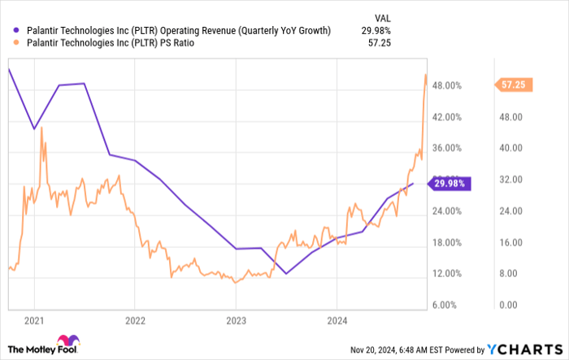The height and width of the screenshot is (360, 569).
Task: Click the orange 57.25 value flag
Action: click(x=515, y=84)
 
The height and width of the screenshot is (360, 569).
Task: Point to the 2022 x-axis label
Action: click(x=135, y=320)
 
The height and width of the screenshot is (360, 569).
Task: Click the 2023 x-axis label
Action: click(x=236, y=320)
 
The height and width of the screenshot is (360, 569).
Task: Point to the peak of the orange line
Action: click(x=426, y=75)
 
